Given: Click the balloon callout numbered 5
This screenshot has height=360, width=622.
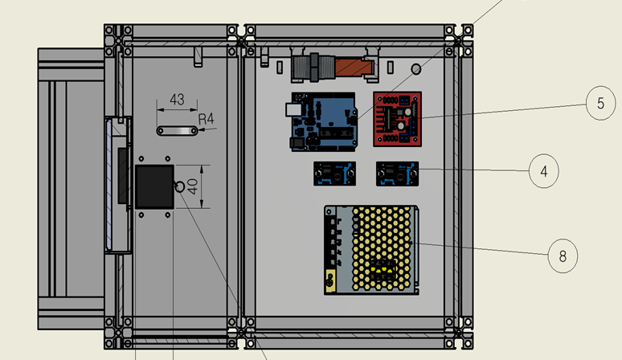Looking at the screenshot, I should [599, 104].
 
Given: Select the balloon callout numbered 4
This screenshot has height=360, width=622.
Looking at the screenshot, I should [544, 170].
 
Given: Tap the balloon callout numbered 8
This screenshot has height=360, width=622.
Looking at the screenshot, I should [563, 256].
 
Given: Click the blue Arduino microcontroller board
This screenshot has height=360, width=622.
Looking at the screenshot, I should [322, 123].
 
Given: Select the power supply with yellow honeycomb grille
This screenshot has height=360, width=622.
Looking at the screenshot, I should [371, 249].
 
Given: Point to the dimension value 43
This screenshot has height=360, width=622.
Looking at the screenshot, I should [177, 100].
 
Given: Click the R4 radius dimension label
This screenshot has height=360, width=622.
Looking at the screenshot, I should [207, 119].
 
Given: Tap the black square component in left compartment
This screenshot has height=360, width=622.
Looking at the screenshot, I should [154, 186].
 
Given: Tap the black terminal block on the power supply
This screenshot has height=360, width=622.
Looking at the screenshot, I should [331, 241].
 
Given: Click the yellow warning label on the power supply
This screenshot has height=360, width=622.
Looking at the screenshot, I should [329, 281].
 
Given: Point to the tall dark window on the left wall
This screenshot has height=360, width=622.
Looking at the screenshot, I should [122, 175].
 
